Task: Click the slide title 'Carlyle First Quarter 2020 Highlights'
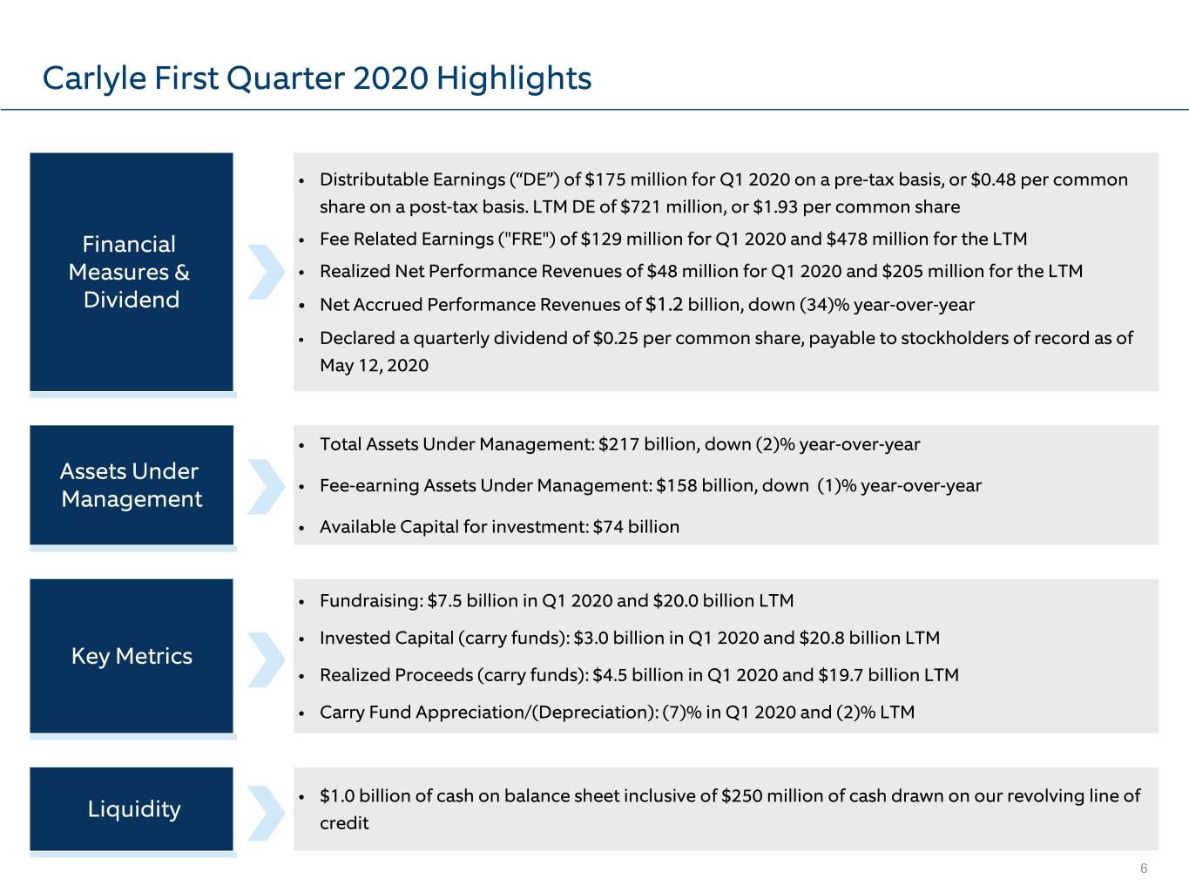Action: coord(317,78)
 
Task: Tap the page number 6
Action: coord(1144,868)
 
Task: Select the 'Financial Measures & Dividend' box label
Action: coord(130,272)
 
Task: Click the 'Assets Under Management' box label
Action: coord(131,485)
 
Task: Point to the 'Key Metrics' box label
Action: coord(132,657)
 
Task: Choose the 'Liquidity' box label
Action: coord(134,809)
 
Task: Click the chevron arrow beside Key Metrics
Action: coord(266,659)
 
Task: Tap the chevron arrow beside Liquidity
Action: coord(266,813)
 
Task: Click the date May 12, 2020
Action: coord(374,366)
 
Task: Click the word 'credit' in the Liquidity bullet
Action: coord(344,823)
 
